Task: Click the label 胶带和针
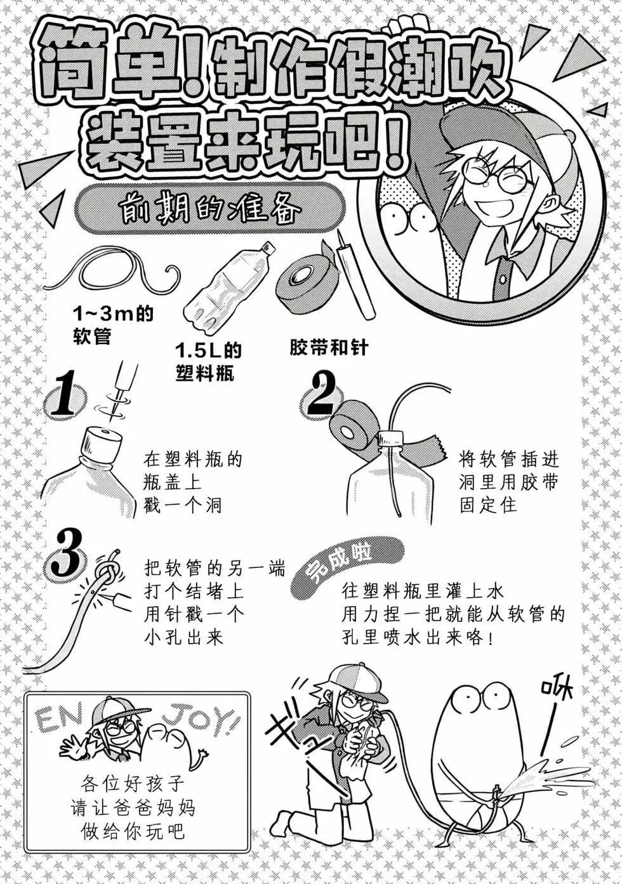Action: [x=328, y=348]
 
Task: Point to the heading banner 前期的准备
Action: [x=209, y=208]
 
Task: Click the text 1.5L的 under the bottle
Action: [x=208, y=350]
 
